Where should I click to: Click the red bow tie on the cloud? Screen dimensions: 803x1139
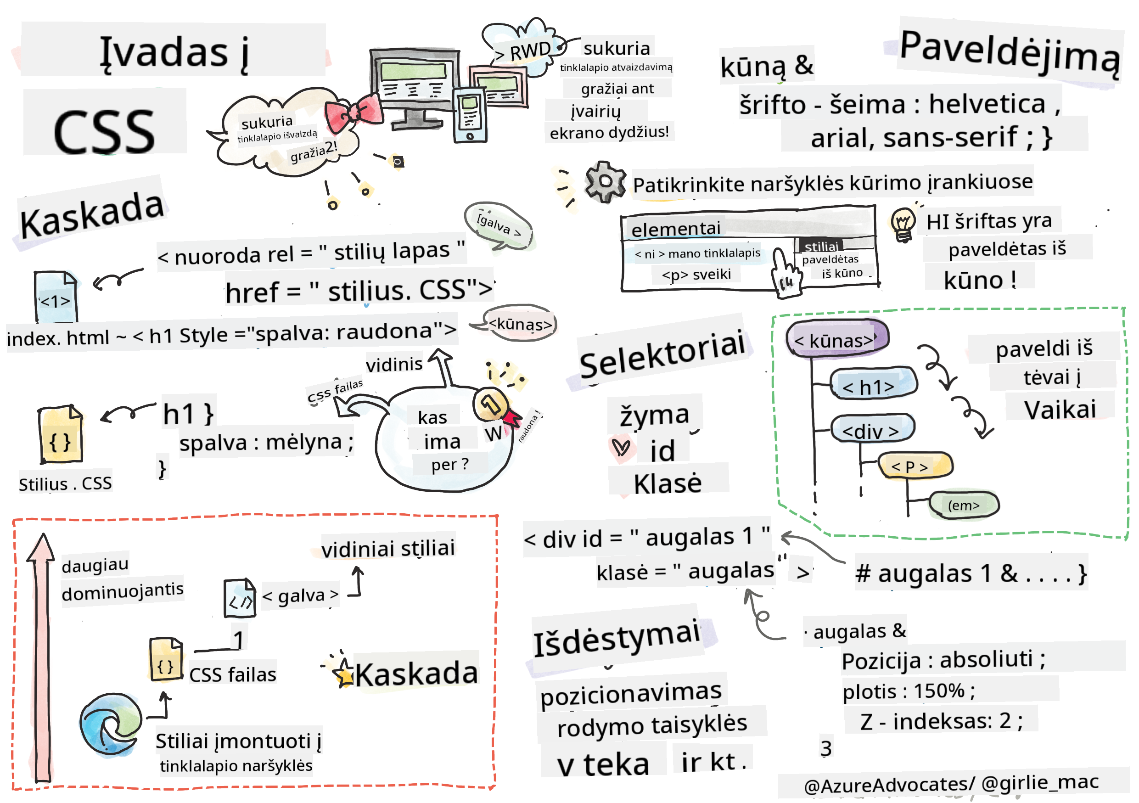click(353, 113)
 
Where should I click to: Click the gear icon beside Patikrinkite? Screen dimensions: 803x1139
click(604, 181)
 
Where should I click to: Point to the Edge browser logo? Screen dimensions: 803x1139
click(110, 724)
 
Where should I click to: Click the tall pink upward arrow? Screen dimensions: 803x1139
click(42, 655)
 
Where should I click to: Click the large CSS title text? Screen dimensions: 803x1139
click(104, 131)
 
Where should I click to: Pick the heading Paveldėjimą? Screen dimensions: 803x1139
click(1009, 52)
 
